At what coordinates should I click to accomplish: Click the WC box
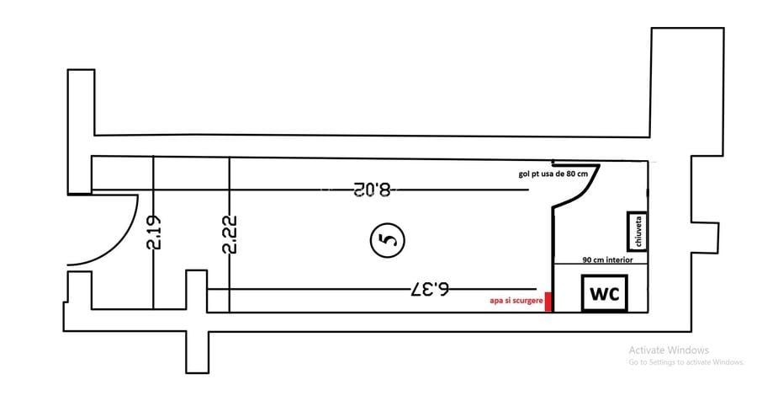click(x=605, y=293)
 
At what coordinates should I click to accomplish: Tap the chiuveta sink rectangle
click(x=638, y=231)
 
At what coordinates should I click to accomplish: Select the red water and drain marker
click(x=548, y=302)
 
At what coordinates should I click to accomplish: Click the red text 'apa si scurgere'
click(x=516, y=301)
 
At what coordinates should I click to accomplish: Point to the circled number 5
click(x=388, y=240)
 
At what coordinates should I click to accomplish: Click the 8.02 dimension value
click(x=372, y=190)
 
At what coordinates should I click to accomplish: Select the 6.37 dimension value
click(x=429, y=290)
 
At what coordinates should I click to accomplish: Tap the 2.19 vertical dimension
click(x=154, y=233)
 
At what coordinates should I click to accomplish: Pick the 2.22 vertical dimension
click(x=230, y=234)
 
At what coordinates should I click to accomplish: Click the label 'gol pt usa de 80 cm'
click(x=553, y=174)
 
